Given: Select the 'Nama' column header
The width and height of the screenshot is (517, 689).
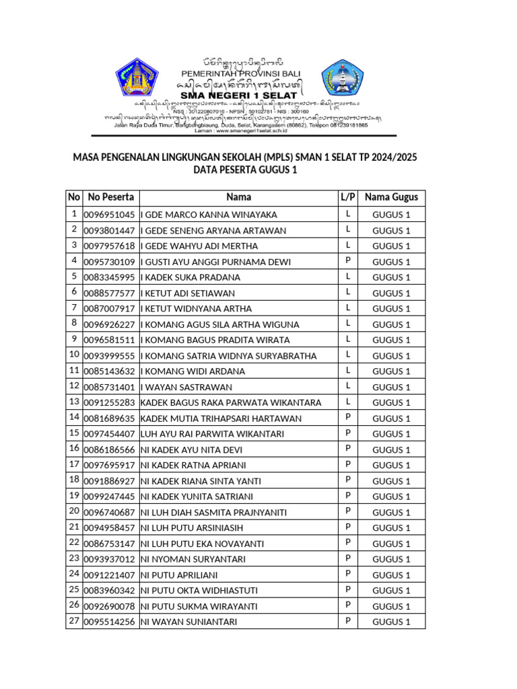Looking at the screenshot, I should (x=239, y=197).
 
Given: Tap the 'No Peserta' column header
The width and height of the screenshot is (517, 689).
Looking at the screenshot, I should (x=110, y=197).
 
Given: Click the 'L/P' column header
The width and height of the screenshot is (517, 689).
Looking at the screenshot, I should (x=348, y=197).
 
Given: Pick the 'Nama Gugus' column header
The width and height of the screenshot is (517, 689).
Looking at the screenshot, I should (x=391, y=197).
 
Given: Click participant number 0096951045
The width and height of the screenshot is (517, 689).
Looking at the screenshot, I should (x=110, y=215).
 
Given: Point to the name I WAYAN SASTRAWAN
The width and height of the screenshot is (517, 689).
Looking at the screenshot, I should (x=186, y=387).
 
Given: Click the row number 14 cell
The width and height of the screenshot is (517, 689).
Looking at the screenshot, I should (x=73, y=418).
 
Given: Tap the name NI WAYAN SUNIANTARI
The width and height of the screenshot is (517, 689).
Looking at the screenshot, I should (x=188, y=622).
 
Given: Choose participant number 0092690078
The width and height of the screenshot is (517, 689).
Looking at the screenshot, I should (x=110, y=606).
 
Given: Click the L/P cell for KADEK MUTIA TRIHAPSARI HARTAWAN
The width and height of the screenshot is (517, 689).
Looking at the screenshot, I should (x=348, y=418).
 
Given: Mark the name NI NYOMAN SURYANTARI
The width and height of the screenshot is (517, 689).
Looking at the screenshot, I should (x=193, y=559).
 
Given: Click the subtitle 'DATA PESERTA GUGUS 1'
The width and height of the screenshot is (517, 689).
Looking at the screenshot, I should (x=245, y=170).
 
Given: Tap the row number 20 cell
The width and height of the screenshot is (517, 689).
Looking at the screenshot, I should (x=73, y=512).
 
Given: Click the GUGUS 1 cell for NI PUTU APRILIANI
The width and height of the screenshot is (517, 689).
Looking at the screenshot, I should (x=391, y=575).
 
